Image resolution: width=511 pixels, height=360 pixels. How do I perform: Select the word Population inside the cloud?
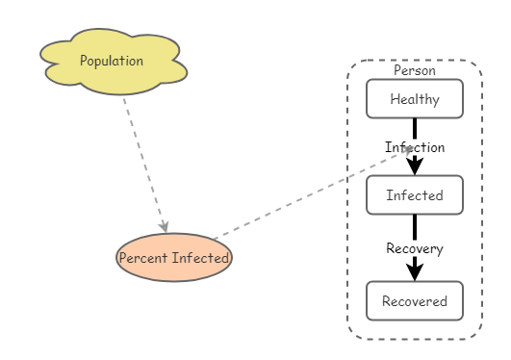(x=112, y=62)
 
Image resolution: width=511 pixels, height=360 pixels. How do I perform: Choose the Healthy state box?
(x=414, y=98)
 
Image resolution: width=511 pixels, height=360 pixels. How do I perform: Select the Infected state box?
(x=414, y=194)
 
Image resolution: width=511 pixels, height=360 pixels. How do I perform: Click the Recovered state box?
(x=414, y=300)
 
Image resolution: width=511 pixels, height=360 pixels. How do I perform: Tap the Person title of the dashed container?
(x=414, y=70)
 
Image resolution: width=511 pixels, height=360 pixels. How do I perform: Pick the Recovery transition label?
(x=414, y=248)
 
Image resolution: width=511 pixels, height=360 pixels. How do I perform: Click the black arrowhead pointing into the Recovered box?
(x=414, y=271)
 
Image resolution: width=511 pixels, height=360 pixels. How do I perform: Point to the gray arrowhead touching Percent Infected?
(x=165, y=226)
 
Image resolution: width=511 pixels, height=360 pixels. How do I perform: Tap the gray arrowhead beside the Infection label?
(x=408, y=150)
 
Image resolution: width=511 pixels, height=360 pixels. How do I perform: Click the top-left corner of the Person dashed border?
(x=352, y=64)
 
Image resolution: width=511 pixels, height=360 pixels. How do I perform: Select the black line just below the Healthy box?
(x=414, y=127)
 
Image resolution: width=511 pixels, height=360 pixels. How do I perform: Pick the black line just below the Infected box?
(x=414, y=226)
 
